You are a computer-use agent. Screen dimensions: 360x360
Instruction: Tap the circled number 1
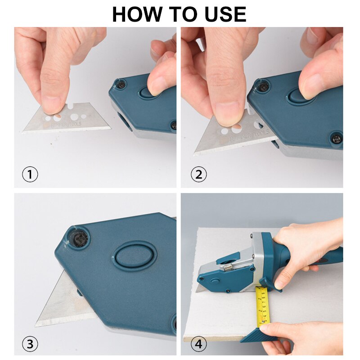pyautogui.click(x=30, y=174)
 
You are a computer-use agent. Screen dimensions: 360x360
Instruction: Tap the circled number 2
pyautogui.click(x=198, y=174)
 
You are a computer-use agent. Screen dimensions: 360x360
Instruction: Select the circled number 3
pyautogui.click(x=30, y=344)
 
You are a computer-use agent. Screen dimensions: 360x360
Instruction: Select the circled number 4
pyautogui.click(x=198, y=344)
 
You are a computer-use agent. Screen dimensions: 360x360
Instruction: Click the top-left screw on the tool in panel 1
pyautogui.click(x=121, y=84)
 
